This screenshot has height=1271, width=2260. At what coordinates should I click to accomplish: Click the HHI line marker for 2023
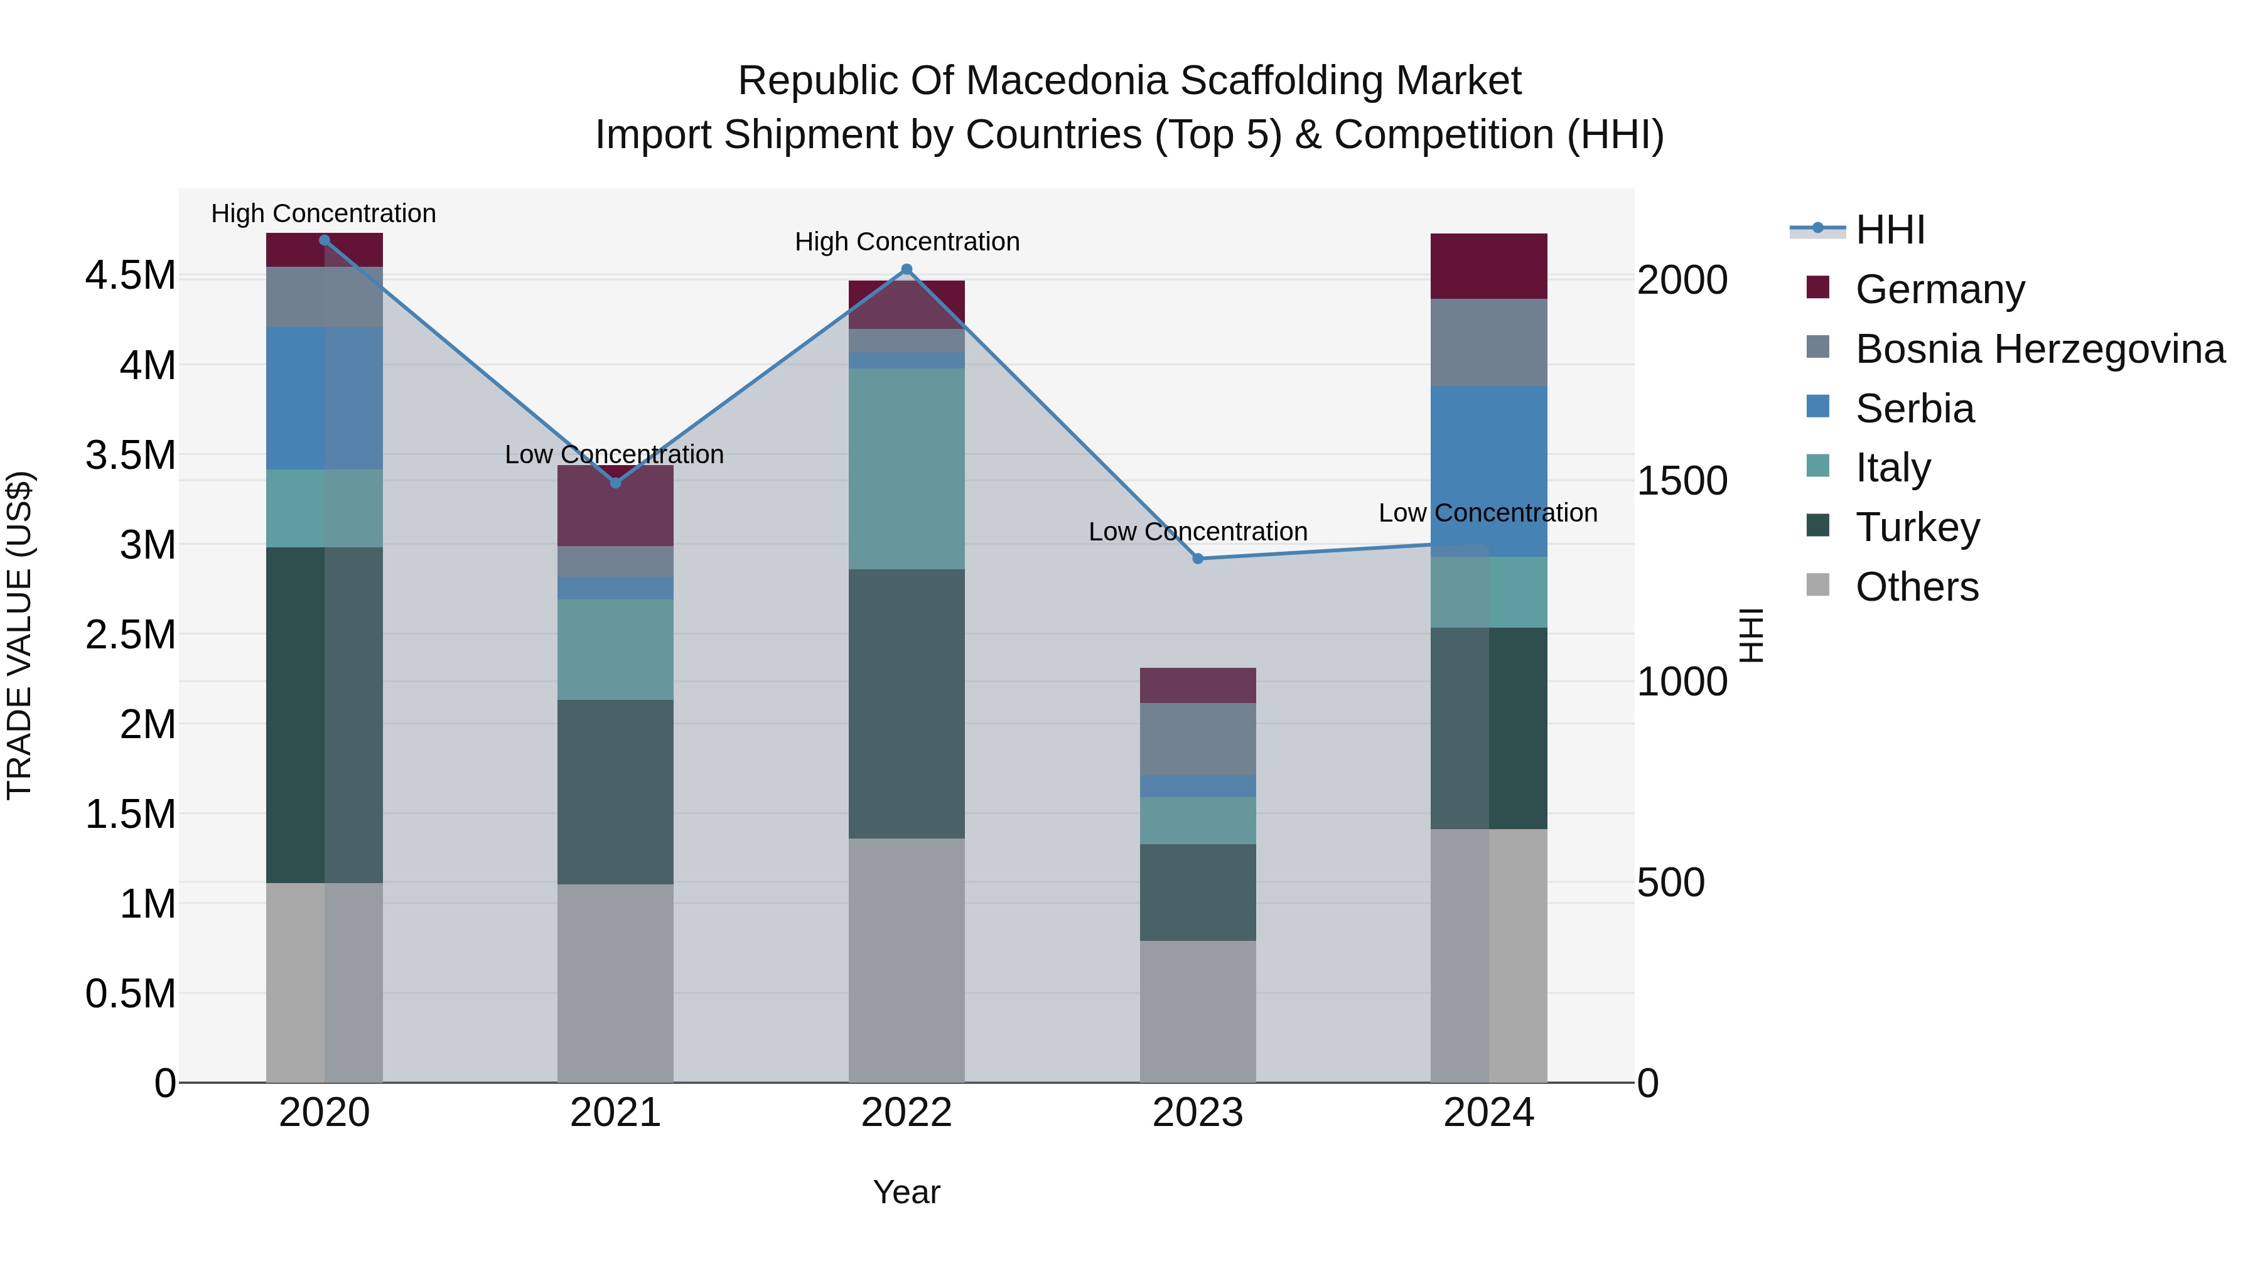(1198, 559)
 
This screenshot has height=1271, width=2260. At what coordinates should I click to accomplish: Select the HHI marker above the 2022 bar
(907, 269)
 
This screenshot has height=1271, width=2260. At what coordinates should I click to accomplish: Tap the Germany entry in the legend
(1940, 289)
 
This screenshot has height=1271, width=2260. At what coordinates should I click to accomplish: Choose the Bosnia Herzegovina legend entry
(2040, 348)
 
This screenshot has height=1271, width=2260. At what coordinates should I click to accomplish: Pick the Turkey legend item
(1917, 527)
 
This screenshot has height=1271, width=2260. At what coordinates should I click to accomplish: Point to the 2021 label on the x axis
(615, 1113)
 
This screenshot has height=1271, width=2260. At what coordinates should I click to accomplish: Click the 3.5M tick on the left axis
(131, 455)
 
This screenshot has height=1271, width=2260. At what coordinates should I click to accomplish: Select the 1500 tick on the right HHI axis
(1682, 481)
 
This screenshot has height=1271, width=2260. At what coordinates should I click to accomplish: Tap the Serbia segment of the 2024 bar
(1489, 470)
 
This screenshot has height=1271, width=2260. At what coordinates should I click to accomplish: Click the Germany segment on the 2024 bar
(1489, 265)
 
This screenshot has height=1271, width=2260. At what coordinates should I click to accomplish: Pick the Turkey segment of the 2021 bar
(615, 791)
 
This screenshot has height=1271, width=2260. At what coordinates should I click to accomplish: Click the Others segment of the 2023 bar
(1198, 1011)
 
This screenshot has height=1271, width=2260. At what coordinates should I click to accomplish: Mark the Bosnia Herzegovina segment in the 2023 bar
(1198, 739)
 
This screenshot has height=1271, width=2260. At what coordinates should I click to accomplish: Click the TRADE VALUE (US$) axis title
(19, 635)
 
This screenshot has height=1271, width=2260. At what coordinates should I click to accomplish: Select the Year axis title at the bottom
(907, 1192)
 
